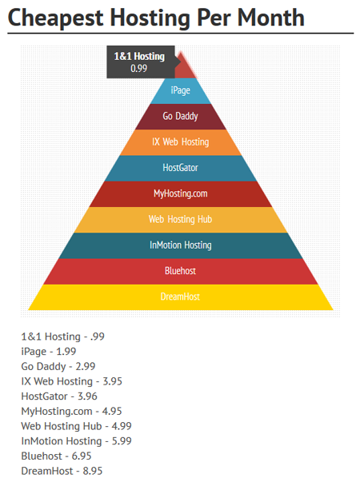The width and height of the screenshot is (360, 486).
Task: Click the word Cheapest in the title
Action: [55, 18]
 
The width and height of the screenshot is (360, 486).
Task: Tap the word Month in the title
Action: [270, 18]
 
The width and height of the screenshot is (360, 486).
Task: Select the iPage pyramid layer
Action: [181, 91]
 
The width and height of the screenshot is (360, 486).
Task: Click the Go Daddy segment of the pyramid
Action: [181, 117]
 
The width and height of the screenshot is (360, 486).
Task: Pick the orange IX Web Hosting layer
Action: [181, 142]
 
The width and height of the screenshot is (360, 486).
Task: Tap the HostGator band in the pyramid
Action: [181, 168]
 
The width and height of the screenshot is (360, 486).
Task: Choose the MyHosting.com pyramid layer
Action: [181, 194]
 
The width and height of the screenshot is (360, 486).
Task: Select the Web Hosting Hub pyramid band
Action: [181, 220]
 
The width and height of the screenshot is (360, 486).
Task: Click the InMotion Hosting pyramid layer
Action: [181, 245]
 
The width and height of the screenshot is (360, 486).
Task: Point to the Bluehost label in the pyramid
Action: [180, 271]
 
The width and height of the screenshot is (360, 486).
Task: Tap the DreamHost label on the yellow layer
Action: [180, 297]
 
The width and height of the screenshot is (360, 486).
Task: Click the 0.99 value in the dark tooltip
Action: [139, 68]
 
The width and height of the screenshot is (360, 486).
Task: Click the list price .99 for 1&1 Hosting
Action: [98, 337]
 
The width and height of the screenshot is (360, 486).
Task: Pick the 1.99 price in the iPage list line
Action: [66, 352]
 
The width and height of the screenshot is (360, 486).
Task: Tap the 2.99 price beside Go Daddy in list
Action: [86, 366]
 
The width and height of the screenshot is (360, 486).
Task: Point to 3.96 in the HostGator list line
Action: [87, 396]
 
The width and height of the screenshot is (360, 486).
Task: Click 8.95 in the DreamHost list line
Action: [93, 471]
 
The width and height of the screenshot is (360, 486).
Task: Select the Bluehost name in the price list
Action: [42, 456]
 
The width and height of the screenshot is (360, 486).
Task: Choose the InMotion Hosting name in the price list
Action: [62, 441]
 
